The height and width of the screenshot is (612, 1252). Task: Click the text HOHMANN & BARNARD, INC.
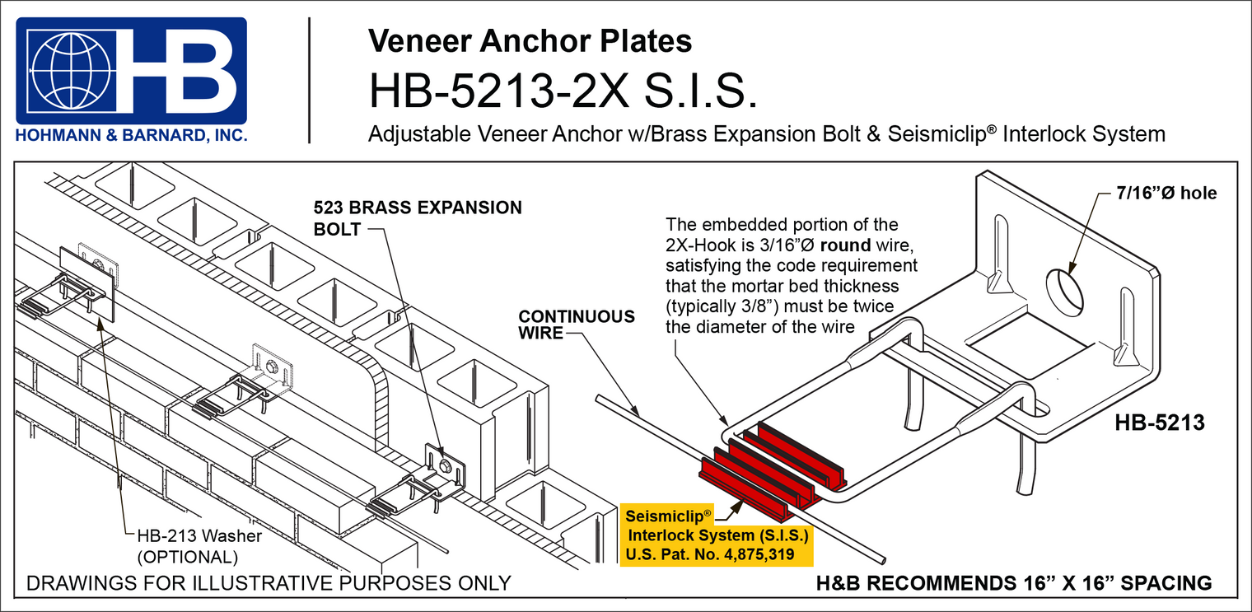(132, 136)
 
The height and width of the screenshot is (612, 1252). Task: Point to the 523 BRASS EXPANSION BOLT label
(418, 217)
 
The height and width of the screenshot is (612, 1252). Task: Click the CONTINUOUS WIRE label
(577, 325)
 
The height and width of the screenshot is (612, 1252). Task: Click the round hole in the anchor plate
(1063, 290)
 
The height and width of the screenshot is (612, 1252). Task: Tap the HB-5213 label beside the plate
(1160, 423)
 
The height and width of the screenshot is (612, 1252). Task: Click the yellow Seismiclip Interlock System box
(716, 535)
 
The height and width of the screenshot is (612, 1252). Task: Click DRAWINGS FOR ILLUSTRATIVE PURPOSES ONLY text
(269, 583)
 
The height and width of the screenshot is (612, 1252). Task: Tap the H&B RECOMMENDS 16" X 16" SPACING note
(1012, 583)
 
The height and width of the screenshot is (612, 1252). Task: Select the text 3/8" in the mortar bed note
(755, 306)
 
